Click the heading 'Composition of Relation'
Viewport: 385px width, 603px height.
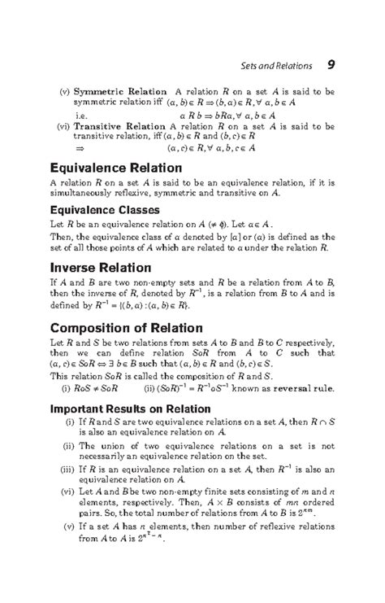128,328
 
